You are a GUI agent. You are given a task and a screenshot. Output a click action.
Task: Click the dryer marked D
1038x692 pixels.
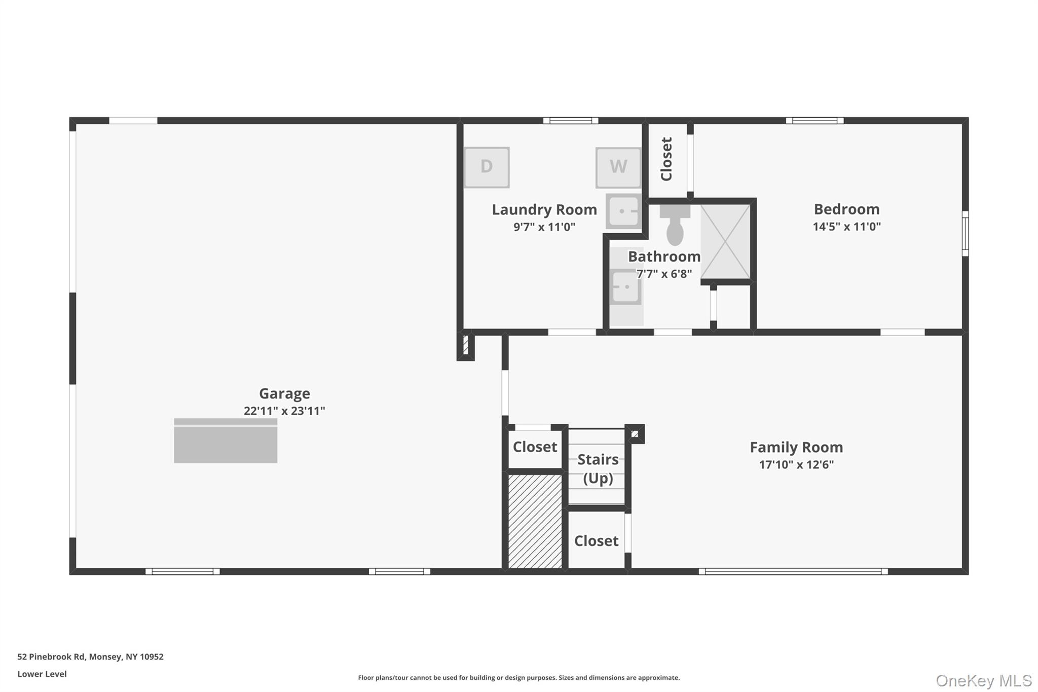(x=487, y=167)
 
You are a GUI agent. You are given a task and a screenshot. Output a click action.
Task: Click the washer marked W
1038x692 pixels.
(x=618, y=167)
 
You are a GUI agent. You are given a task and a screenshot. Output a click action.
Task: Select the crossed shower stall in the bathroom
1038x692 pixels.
(x=725, y=242)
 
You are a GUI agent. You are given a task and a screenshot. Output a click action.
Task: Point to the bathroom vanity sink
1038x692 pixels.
(x=625, y=287)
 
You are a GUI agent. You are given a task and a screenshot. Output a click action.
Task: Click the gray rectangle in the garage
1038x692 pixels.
(x=226, y=441)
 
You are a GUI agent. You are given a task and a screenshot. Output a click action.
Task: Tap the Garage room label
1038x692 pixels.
(x=284, y=393)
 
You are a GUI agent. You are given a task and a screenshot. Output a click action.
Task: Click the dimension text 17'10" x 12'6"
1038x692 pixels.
(x=796, y=464)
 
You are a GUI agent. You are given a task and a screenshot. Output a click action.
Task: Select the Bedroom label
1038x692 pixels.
(x=846, y=209)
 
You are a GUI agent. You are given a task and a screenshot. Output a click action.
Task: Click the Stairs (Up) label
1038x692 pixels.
(x=598, y=468)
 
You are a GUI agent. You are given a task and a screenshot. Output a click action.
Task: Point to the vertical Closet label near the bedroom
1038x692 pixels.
(x=666, y=159)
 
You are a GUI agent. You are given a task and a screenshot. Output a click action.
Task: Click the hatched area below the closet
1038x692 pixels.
(x=535, y=521)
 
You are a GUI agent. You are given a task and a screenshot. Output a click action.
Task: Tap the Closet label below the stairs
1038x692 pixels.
(x=596, y=541)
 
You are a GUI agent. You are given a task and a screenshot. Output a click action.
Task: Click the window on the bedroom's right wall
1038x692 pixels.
(x=965, y=234)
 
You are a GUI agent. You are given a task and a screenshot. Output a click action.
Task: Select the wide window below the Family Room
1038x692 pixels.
(x=793, y=571)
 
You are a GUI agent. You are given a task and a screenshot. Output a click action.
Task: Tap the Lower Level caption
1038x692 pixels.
(x=42, y=674)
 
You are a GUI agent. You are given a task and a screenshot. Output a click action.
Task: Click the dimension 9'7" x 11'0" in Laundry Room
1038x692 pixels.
(x=544, y=227)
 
